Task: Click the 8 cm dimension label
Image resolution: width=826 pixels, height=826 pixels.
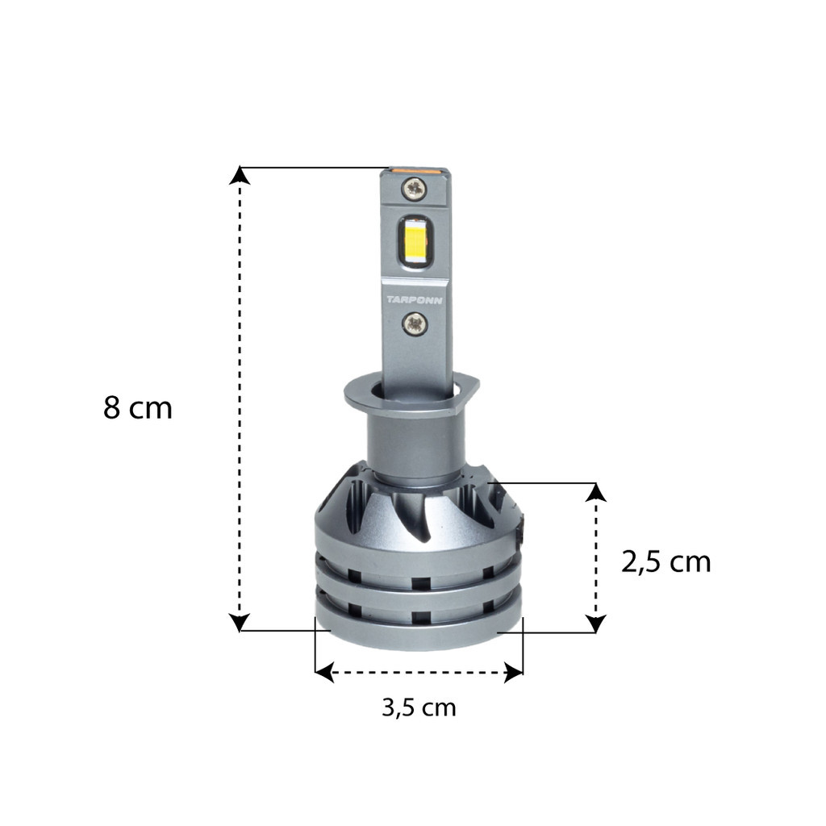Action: pyautogui.click(x=138, y=407)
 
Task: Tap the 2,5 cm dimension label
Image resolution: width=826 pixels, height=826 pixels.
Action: pyautogui.click(x=665, y=562)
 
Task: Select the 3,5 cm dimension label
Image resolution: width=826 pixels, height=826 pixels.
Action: pyautogui.click(x=419, y=707)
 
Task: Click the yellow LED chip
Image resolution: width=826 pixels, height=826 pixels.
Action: pyautogui.click(x=415, y=240)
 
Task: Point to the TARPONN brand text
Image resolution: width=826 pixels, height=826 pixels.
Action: pyautogui.click(x=415, y=300)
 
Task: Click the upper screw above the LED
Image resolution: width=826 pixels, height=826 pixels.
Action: pyautogui.click(x=415, y=188)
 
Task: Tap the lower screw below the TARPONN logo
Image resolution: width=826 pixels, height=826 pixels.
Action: pyautogui.click(x=415, y=323)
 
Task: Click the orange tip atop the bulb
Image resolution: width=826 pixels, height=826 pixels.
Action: pyautogui.click(x=415, y=170)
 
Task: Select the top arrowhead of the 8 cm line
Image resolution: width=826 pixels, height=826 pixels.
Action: pyautogui.click(x=240, y=175)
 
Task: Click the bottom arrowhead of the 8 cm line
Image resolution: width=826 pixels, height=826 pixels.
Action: pyautogui.click(x=240, y=622)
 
